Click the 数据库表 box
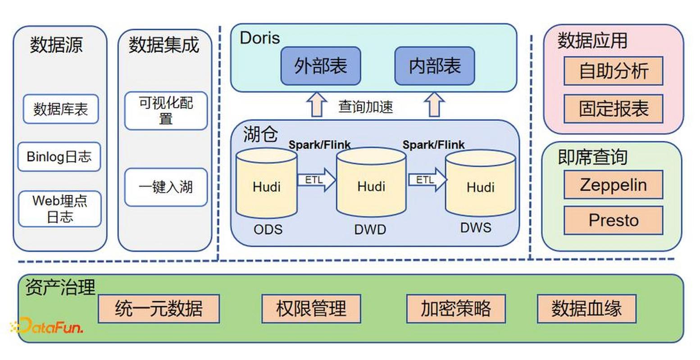coord(60,109)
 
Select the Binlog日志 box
coord(59,157)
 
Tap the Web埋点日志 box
coord(59,209)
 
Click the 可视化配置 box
coord(166,111)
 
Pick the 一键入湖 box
coord(166,187)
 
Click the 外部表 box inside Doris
coord(320,66)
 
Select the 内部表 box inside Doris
coord(434,66)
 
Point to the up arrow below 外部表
coord(317,105)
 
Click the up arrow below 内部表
coord(434,105)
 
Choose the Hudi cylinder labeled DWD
coord(371,184)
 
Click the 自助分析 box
coord(613,71)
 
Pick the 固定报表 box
coord(613,108)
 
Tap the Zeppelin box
coord(613,184)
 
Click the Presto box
coord(613,220)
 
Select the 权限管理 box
coord(311,309)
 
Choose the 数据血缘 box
coord(586,309)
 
